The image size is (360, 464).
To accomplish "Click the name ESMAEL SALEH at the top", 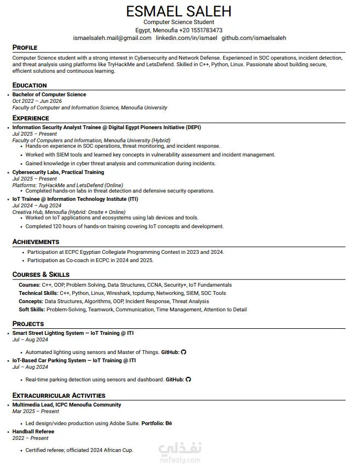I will coord(179,11).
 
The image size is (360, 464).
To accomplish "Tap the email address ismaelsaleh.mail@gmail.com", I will coord(112,38).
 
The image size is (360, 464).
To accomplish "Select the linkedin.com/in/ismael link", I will coord(187,38).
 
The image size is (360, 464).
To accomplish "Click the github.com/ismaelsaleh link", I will coord(253,38).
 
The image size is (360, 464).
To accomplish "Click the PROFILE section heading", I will coord(25,48).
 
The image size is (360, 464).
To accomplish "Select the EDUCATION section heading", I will coord(30,85).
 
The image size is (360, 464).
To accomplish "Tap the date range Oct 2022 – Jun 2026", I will coord(37,101).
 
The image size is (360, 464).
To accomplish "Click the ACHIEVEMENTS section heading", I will coord(36,242).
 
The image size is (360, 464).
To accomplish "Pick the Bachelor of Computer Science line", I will coord(49,95).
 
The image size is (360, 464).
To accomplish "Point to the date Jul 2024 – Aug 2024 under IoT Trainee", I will coord(37,206).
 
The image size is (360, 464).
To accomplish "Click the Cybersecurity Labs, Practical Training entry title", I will coord(58,172).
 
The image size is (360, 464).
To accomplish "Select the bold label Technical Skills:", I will coord(38,293).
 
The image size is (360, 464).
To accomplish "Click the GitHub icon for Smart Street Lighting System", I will coord(183,352).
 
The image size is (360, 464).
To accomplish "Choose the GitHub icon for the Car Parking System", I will coord(188,379).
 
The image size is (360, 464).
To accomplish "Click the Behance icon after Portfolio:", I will coord(169,424).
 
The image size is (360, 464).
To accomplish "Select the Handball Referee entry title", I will coord(33,432).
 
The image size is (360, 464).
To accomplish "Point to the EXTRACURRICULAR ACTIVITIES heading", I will coord(59,396).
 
